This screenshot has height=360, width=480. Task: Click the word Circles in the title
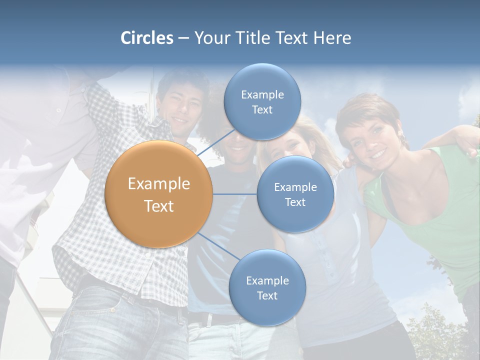tap(147, 38)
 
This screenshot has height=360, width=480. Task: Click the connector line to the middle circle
tap(235, 194)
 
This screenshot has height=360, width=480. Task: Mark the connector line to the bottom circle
tap(218, 246)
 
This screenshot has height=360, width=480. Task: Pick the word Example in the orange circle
tap(159, 184)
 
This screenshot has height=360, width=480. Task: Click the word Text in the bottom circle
tap(267, 295)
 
